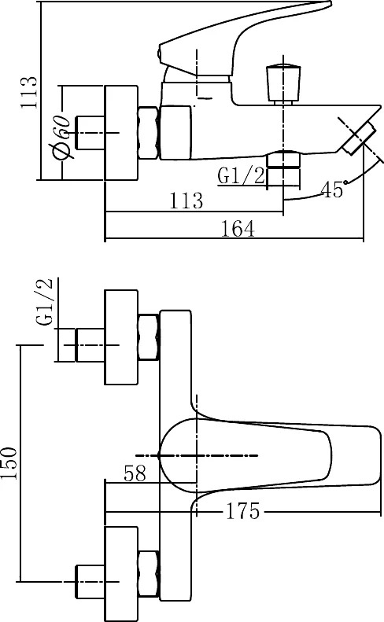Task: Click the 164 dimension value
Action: click(x=238, y=229)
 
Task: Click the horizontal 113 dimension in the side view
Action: click(x=186, y=201)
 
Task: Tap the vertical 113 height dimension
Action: click(x=29, y=93)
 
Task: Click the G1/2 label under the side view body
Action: click(x=241, y=175)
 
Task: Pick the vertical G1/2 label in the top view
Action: click(x=44, y=302)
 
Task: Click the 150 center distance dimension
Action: click(x=9, y=463)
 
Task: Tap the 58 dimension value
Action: click(x=135, y=473)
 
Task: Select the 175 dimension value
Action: click(x=242, y=511)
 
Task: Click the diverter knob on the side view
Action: click(x=283, y=83)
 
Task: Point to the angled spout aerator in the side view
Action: click(x=357, y=138)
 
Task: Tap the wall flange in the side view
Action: click(x=121, y=132)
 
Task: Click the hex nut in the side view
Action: click(x=149, y=132)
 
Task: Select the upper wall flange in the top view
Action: click(x=121, y=337)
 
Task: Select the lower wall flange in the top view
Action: click(x=121, y=574)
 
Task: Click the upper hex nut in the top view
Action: click(x=149, y=337)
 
